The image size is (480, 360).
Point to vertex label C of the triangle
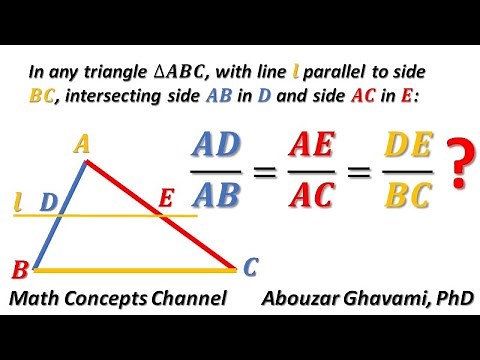(251, 267)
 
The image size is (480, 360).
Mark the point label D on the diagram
(47, 202)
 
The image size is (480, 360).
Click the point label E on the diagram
(166, 200)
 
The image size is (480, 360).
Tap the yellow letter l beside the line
(19, 202)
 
